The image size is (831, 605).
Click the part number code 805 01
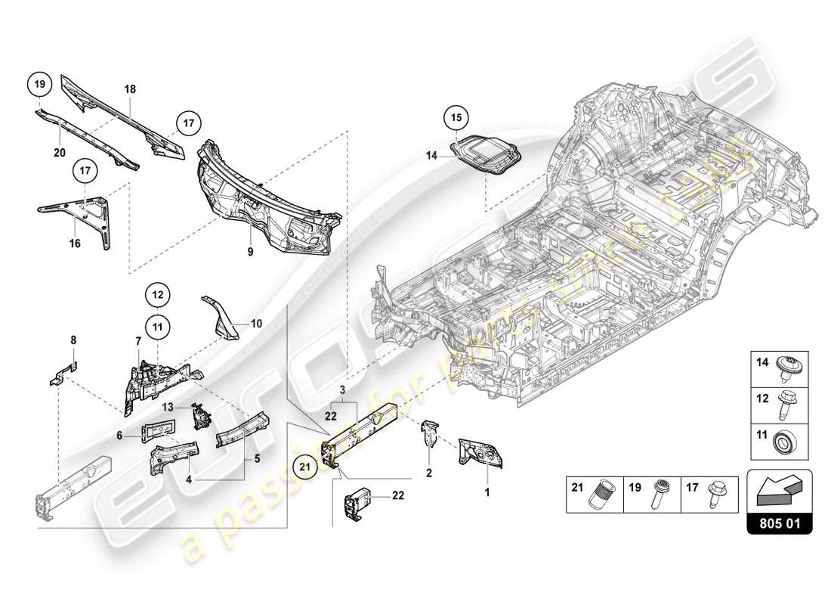(779, 522)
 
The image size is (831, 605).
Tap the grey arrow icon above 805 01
(779, 489)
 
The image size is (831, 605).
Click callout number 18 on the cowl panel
(130, 88)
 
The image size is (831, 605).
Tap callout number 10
(256, 324)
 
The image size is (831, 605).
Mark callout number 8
(73, 341)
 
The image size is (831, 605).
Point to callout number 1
(487, 492)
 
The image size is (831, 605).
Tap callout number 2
(430, 473)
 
